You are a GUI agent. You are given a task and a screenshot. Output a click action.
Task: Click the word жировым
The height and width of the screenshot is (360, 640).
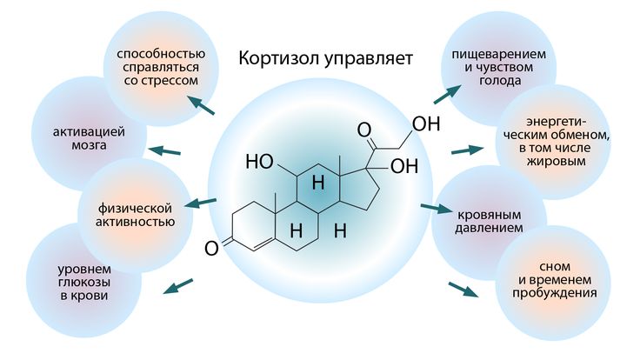(x=552, y=163)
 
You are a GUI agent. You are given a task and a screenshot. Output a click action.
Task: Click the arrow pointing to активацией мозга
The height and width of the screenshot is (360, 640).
(x=164, y=151)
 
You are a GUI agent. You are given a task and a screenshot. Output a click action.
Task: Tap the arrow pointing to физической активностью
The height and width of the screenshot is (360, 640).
(x=201, y=203)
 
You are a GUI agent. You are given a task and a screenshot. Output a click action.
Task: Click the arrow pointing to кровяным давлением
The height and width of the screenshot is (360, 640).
(x=432, y=208)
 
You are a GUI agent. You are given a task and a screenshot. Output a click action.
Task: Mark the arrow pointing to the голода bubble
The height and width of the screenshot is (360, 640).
(x=448, y=90)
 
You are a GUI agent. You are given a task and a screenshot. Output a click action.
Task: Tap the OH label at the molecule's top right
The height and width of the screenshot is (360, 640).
(x=425, y=124)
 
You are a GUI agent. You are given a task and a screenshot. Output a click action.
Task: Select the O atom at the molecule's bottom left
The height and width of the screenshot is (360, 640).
(x=210, y=249)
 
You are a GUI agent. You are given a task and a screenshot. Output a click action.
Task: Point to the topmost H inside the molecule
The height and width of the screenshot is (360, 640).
(x=318, y=184)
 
